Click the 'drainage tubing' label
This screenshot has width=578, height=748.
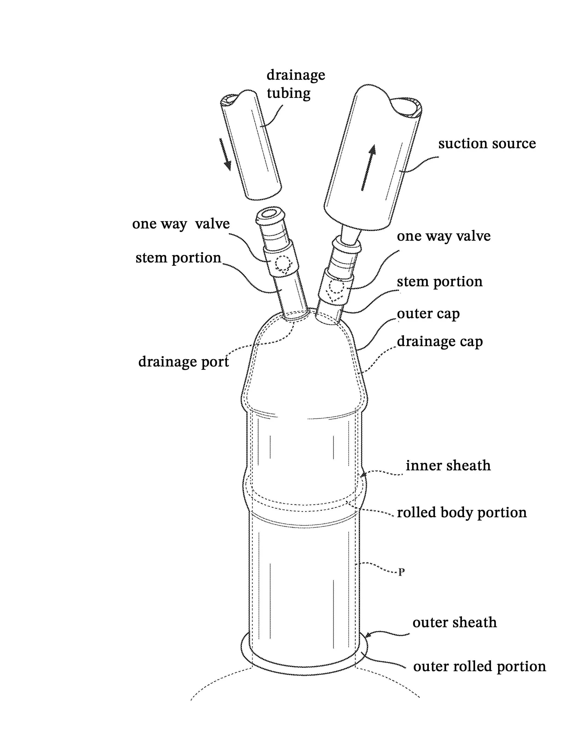point(295,84)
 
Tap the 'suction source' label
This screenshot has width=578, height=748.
point(487,144)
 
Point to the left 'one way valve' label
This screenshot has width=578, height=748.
point(181,224)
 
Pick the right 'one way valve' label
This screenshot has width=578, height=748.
point(443,236)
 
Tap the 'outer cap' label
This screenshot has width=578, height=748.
point(428,314)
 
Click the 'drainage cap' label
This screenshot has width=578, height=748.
point(440,342)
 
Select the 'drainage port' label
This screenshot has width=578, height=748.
point(184,362)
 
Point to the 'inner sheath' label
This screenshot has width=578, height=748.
point(448,465)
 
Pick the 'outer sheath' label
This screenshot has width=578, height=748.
point(454,622)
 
